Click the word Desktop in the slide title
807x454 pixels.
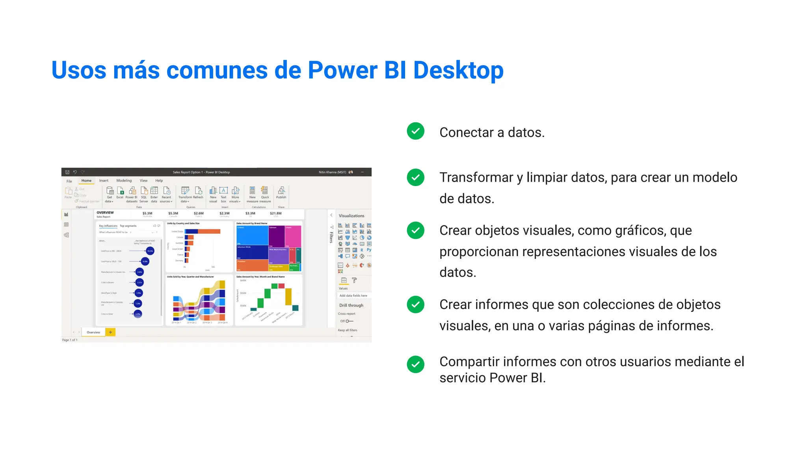(x=458, y=71)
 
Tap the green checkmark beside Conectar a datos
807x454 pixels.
(x=415, y=131)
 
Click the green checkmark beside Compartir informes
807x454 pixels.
(x=415, y=364)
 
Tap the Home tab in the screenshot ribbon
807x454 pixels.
(x=86, y=180)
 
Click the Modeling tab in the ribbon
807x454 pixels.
(x=124, y=180)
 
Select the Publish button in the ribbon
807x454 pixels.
(x=281, y=193)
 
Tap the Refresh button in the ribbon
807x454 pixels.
(x=198, y=193)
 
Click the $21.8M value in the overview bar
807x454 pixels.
(x=275, y=213)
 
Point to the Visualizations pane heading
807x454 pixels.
(x=351, y=216)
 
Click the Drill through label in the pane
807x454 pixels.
(x=351, y=305)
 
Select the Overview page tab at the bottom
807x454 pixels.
(x=93, y=332)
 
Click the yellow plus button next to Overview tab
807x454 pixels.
(x=110, y=332)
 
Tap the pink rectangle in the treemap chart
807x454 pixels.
(x=293, y=236)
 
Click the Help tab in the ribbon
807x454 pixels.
(x=159, y=180)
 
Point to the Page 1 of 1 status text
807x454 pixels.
(x=70, y=340)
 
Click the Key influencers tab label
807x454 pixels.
(x=108, y=226)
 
